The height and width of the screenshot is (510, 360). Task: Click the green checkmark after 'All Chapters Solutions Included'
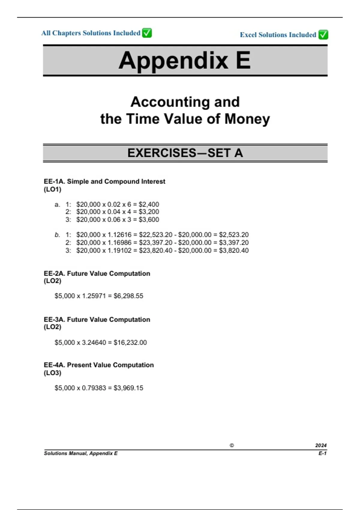click(147, 33)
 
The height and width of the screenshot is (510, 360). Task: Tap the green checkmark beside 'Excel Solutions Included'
click(323, 35)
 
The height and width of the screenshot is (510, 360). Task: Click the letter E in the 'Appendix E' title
click(243, 60)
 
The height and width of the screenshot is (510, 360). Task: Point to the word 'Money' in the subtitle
click(247, 119)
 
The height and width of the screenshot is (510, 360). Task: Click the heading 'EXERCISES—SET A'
click(185, 153)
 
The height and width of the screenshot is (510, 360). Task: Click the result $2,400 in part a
click(149, 204)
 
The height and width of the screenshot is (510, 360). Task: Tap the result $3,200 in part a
click(149, 212)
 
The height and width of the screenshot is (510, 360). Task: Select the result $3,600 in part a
click(149, 220)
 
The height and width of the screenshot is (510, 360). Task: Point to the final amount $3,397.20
click(234, 242)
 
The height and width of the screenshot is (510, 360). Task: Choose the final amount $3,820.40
click(234, 250)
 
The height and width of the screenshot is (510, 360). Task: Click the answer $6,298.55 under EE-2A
click(128, 296)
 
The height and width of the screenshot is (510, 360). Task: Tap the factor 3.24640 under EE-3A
click(94, 342)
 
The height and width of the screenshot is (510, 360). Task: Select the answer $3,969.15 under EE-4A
click(128, 388)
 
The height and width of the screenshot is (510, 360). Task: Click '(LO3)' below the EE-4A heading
click(52, 373)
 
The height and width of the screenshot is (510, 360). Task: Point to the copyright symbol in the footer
click(232, 445)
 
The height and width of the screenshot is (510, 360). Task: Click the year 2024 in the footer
click(321, 445)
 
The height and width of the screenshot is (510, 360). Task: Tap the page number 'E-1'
click(322, 453)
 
